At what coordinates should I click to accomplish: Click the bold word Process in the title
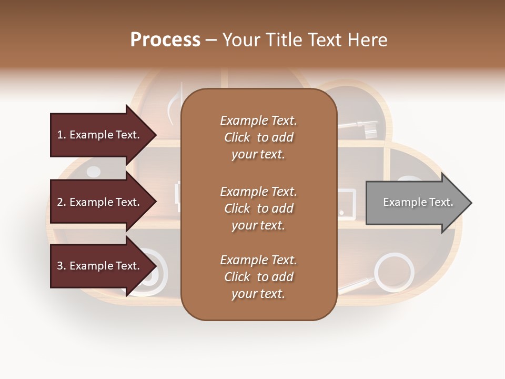[x=165, y=40]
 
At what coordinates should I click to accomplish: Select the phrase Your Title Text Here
[x=305, y=40]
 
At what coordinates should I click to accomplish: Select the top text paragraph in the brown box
[x=258, y=137]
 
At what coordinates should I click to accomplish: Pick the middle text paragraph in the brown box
[x=258, y=208]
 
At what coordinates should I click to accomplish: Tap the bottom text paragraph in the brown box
[x=258, y=277]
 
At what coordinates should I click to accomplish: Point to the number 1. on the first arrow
[x=61, y=135]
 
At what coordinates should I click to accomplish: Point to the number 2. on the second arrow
[x=61, y=202]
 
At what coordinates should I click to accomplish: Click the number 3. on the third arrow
[x=61, y=266]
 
